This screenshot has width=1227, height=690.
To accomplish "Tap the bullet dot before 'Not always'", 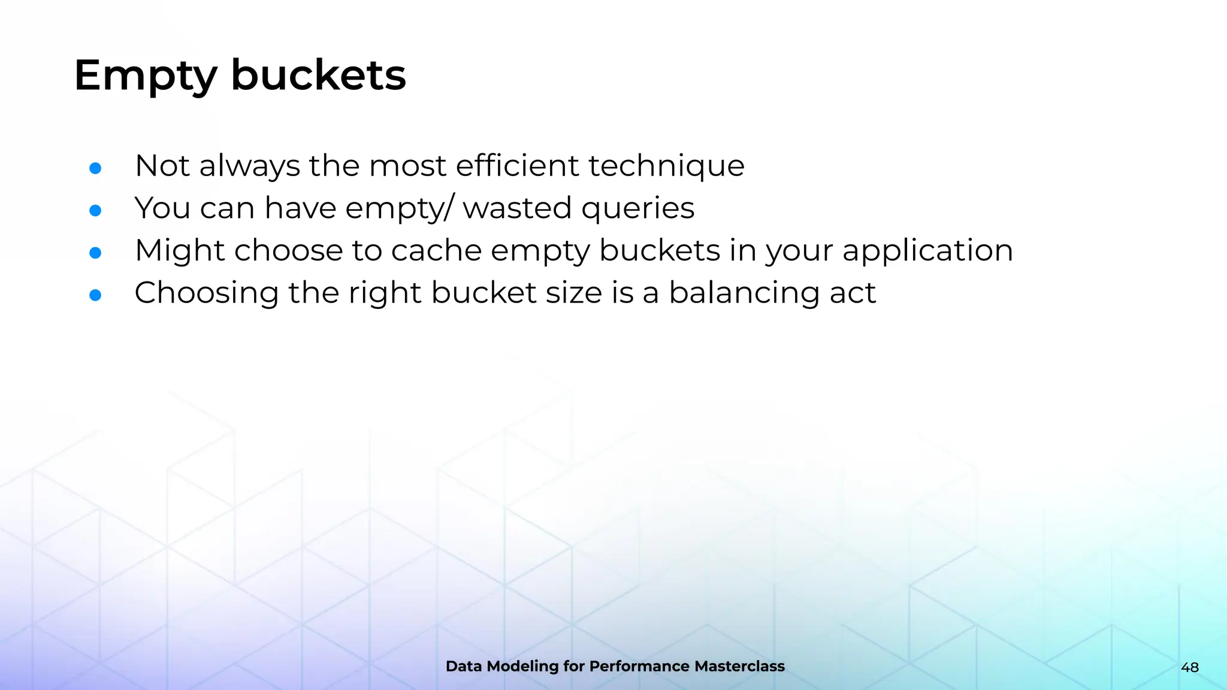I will tap(95, 168).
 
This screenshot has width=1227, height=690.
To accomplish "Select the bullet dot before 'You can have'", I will tap(95, 210).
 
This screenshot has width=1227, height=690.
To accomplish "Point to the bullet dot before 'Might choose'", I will tap(95, 253).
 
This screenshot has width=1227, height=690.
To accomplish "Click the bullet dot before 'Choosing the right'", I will tap(95, 295).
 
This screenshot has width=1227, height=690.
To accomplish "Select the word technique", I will tap(666, 167).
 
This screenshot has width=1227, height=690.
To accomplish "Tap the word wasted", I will tap(516, 208).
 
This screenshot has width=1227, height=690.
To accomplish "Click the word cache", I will tap(436, 250).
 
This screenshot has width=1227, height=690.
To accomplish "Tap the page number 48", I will tap(1190, 667).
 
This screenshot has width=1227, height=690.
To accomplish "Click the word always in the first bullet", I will tap(249, 167).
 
